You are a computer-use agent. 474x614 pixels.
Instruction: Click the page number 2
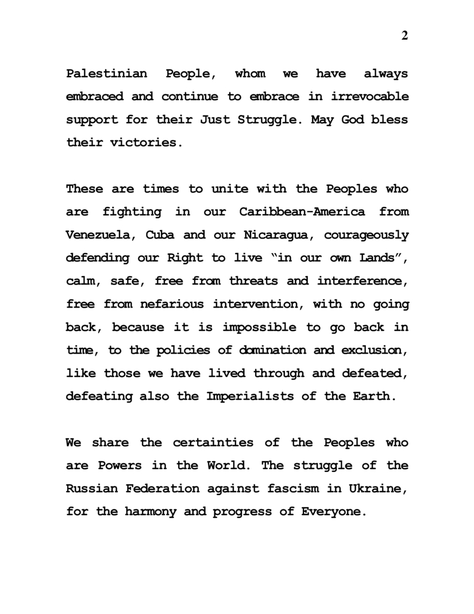pyautogui.click(x=405, y=36)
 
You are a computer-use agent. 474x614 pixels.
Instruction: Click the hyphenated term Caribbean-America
pyautogui.click(x=302, y=212)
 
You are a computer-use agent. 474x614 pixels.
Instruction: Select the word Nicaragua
pyautogui.click(x=279, y=235)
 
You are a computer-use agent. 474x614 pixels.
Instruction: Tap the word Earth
pyautogui.click(x=375, y=396)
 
